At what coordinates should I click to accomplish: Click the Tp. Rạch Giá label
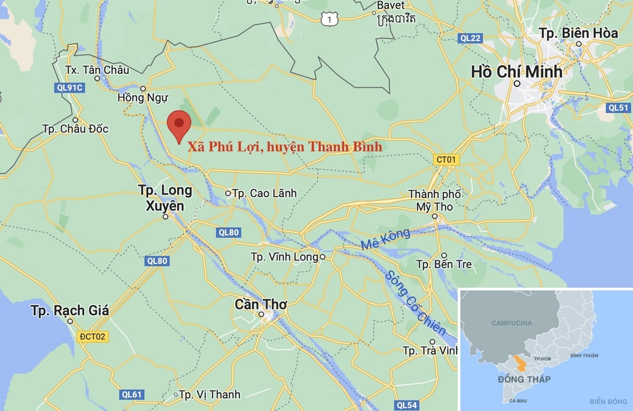[70, 311]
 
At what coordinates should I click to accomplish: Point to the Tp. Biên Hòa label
[578, 33]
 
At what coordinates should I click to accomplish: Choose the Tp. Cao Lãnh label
[264, 193]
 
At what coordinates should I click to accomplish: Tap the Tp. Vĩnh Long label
[285, 257]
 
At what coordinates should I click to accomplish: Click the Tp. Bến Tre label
[444, 264]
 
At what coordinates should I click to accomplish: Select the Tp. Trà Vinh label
[429, 350]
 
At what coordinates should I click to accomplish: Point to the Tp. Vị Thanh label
[209, 394]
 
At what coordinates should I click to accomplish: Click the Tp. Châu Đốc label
[75, 129]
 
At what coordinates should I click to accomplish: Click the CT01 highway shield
[446, 159]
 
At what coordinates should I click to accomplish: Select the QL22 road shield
[469, 38]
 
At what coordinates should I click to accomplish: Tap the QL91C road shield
[69, 87]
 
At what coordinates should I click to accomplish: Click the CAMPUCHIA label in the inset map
[511, 323]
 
